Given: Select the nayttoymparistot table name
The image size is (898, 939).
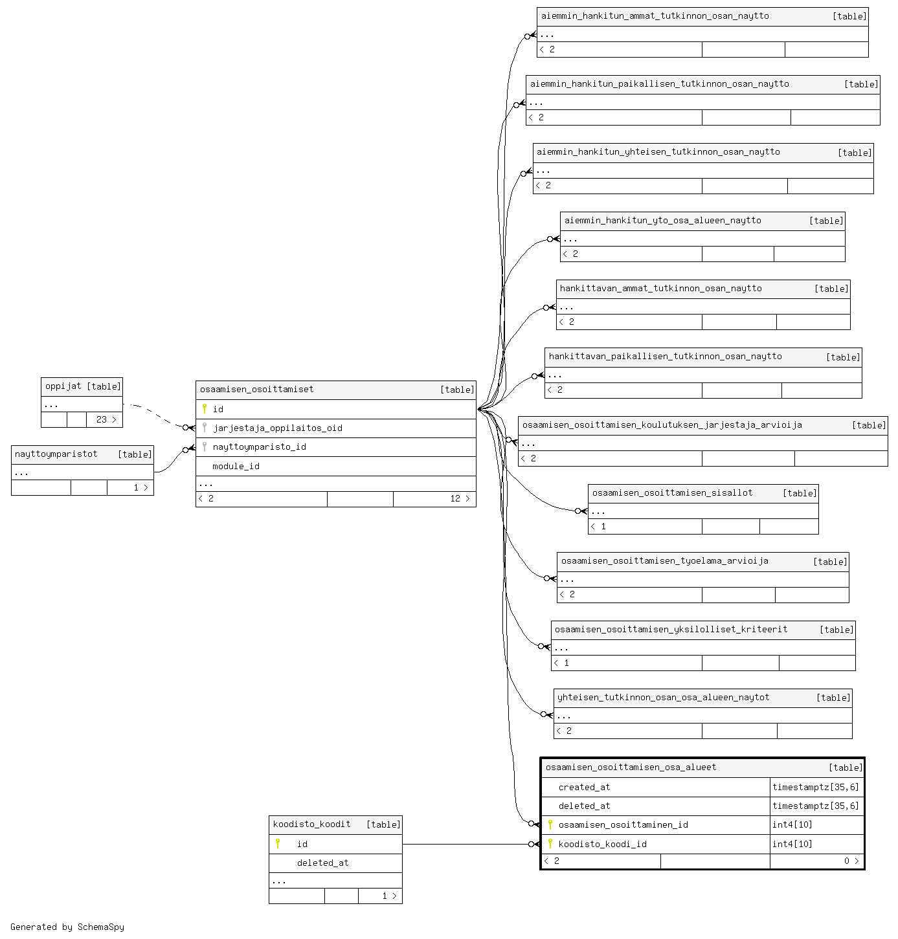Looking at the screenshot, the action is [56, 454].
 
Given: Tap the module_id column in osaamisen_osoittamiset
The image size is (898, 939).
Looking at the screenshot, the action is [236, 466].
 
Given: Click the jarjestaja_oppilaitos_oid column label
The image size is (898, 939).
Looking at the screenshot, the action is [278, 428].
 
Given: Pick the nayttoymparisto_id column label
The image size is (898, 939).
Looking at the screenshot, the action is [259, 447].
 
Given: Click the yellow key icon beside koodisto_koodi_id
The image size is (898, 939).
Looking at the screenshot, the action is [550, 843].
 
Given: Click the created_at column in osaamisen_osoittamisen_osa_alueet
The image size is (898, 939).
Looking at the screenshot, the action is [584, 787].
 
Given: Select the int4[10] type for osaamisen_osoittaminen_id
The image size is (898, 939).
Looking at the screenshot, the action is [792, 824].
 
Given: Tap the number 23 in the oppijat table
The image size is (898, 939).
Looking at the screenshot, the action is [102, 419].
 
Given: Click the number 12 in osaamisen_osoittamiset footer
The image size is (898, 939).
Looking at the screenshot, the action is [455, 498].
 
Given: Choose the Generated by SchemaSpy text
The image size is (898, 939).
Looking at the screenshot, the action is [67, 927].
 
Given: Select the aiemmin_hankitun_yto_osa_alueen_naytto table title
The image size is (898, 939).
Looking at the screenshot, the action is [662, 221].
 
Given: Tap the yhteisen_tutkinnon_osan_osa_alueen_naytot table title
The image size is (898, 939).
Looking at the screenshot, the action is [663, 697].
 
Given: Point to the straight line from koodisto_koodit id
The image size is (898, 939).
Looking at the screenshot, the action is [466, 844].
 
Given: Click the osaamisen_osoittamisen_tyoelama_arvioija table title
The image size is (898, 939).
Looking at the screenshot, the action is [664, 560].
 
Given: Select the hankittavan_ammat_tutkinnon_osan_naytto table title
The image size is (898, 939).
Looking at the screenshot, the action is [660, 289].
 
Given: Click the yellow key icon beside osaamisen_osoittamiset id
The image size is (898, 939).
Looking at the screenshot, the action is [204, 409].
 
